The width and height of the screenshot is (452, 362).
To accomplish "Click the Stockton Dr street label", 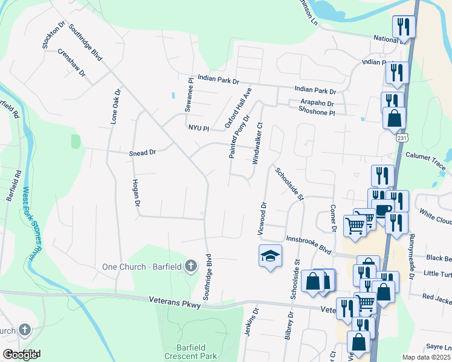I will click(x=53, y=37).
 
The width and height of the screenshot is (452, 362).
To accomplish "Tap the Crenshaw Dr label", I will click(x=72, y=62).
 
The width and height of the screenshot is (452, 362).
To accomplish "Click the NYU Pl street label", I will click(x=198, y=129).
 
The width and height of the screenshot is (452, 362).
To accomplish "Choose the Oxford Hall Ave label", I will click(x=238, y=107).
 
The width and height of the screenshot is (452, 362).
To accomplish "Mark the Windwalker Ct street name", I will click(x=259, y=143).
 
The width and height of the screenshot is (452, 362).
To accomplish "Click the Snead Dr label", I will click(x=143, y=153).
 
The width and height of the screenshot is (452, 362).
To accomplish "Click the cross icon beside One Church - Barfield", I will click(x=190, y=265).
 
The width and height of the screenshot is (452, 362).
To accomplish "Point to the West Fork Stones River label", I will click(x=27, y=223).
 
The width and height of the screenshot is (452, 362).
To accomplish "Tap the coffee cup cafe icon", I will click(x=383, y=209).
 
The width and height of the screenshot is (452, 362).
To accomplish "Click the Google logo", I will click(x=21, y=354).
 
